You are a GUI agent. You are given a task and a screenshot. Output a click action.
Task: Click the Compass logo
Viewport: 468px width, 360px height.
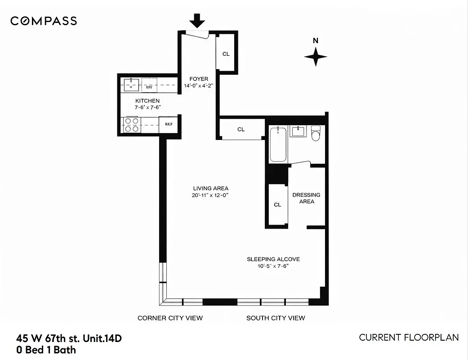point(44,21)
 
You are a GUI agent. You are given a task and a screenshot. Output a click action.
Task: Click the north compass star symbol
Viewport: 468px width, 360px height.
point(316,57)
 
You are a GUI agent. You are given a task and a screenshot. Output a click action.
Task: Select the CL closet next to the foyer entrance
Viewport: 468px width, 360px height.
point(226,54)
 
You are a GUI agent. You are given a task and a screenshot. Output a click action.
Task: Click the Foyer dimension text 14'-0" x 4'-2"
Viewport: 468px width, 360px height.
point(199,85)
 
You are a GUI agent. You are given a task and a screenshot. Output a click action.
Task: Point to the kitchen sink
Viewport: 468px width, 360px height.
point(131,85)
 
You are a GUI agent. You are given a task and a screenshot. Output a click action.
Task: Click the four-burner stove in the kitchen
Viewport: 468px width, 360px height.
point(131,124)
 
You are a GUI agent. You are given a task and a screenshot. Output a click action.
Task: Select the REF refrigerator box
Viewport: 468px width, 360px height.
point(169,124)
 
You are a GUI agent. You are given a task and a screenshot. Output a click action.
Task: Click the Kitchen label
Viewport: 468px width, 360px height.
point(147,101)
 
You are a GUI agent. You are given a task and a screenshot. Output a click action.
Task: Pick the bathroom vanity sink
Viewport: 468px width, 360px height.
point(298,132)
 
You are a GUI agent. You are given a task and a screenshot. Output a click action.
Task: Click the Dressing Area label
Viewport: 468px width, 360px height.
point(306,198)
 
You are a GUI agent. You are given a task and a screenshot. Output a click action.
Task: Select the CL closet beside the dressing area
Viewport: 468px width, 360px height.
point(277,205)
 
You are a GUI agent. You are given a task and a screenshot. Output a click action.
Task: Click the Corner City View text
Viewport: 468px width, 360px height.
point(170,318)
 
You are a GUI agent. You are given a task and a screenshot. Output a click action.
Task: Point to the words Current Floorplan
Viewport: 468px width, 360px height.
point(409,337)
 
